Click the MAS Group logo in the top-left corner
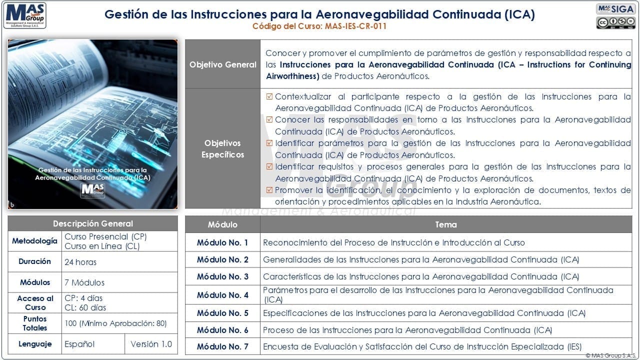click(24, 16)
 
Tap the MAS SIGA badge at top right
click(615, 9)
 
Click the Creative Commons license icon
click(615, 23)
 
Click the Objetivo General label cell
click(222, 64)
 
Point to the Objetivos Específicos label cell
click(222, 149)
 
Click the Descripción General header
click(93, 223)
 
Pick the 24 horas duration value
click(80, 262)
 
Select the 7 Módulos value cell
click(84, 282)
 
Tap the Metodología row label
click(35, 241)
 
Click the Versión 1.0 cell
click(151, 344)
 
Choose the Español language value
click(79, 344)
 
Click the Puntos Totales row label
click(35, 323)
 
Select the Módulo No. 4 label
click(222, 295)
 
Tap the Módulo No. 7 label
click(222, 346)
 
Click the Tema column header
click(446, 224)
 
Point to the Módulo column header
click(222, 224)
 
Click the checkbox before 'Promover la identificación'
click(270, 190)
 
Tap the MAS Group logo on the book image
click(93, 190)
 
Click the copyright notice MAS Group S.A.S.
click(610, 355)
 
